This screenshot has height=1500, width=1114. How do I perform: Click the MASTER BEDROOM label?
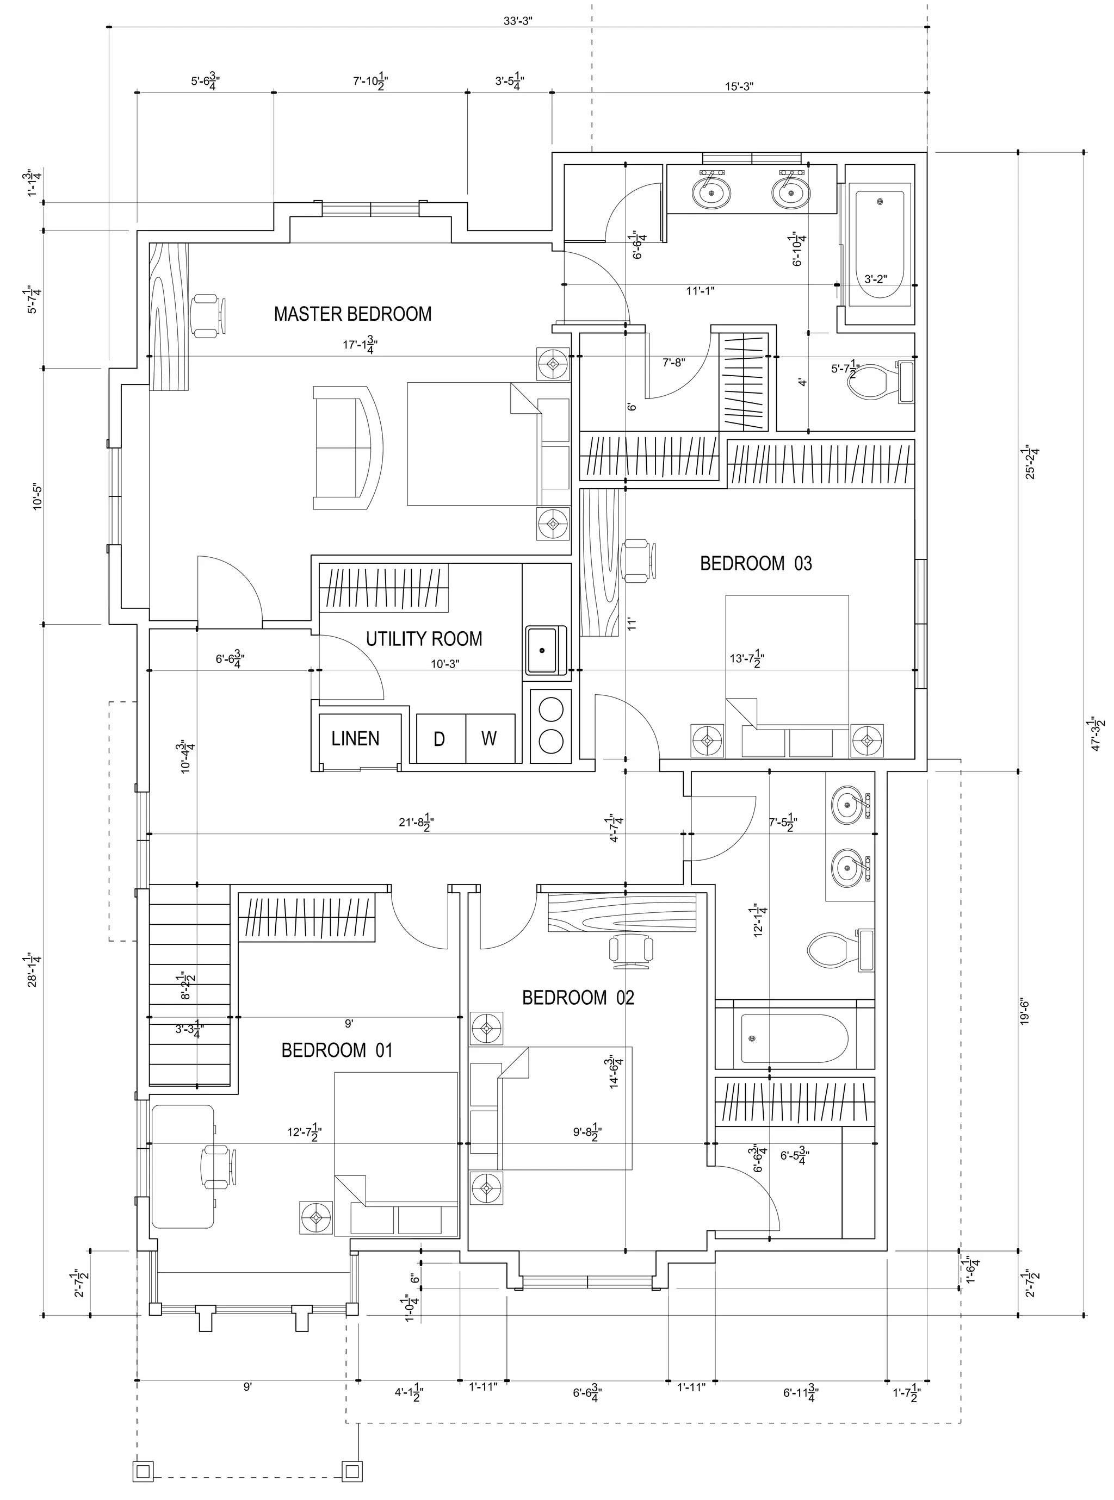coord(352,314)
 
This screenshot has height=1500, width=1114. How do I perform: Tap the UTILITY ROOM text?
coord(424,639)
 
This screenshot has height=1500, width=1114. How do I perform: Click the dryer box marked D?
coord(440,739)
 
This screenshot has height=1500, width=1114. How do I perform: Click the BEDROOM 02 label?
coord(578,997)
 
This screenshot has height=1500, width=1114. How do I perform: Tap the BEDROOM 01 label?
coord(337,1050)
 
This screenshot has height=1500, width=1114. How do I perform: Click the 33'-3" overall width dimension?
coord(518,20)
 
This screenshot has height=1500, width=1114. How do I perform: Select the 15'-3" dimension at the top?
coord(739,86)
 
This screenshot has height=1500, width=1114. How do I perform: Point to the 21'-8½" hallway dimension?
coord(416,824)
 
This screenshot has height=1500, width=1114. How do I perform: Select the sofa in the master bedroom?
coord(347,447)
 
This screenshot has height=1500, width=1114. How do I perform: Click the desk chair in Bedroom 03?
coord(638,560)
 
